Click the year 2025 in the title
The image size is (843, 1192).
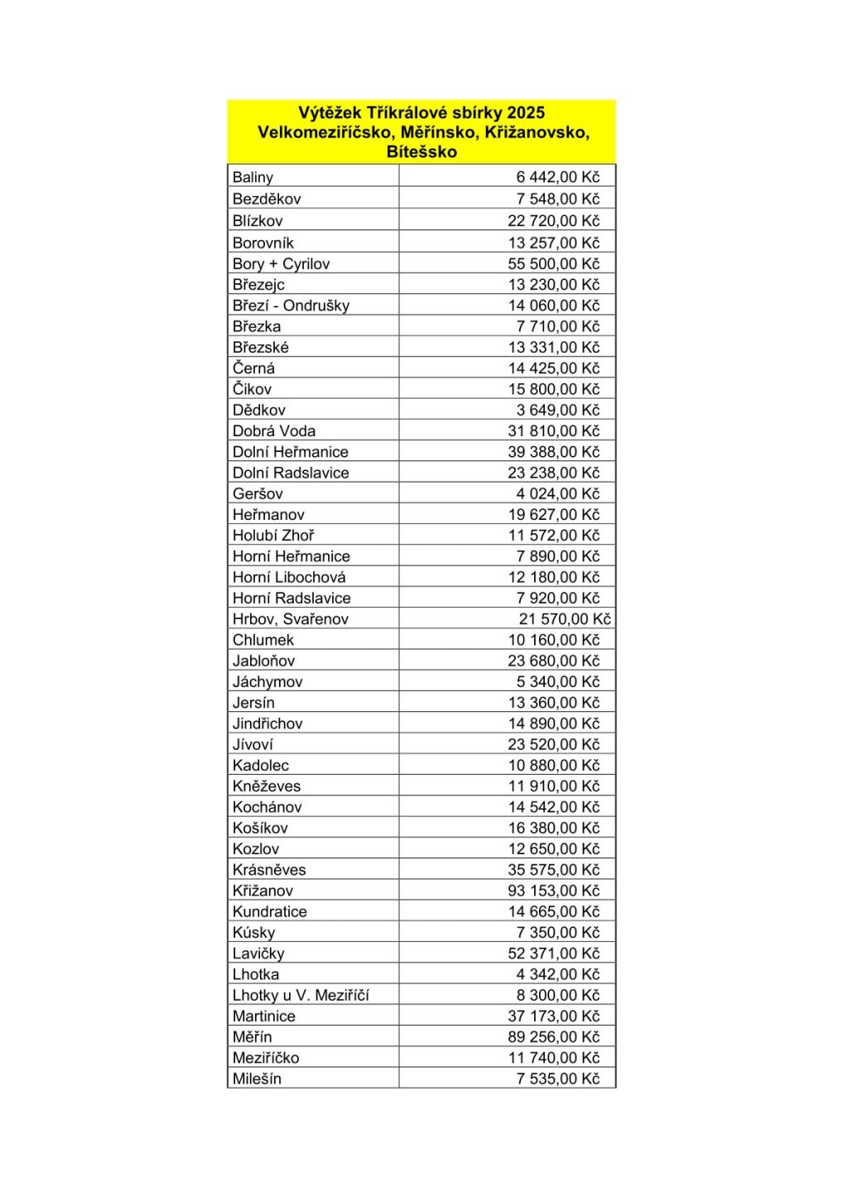526,113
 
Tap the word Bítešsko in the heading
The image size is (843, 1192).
421,151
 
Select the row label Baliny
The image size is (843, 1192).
253,177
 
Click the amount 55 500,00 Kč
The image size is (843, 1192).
553,263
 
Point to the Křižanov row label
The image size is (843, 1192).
263,891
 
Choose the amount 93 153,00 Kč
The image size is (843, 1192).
553,891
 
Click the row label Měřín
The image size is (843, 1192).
252,1036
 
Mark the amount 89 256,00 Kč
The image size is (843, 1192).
553,1036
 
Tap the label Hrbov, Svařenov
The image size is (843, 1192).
290,619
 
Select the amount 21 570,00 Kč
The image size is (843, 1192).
564,619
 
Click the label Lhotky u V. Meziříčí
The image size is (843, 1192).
301,995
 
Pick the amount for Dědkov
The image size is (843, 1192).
557,410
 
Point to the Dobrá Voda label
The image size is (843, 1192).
274,430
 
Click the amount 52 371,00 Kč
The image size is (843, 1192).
553,953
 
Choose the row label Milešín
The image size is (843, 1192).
257,1079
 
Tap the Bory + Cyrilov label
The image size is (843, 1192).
281,263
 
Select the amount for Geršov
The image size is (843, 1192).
557,493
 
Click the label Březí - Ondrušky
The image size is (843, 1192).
291,305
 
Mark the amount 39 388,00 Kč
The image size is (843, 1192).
553,452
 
